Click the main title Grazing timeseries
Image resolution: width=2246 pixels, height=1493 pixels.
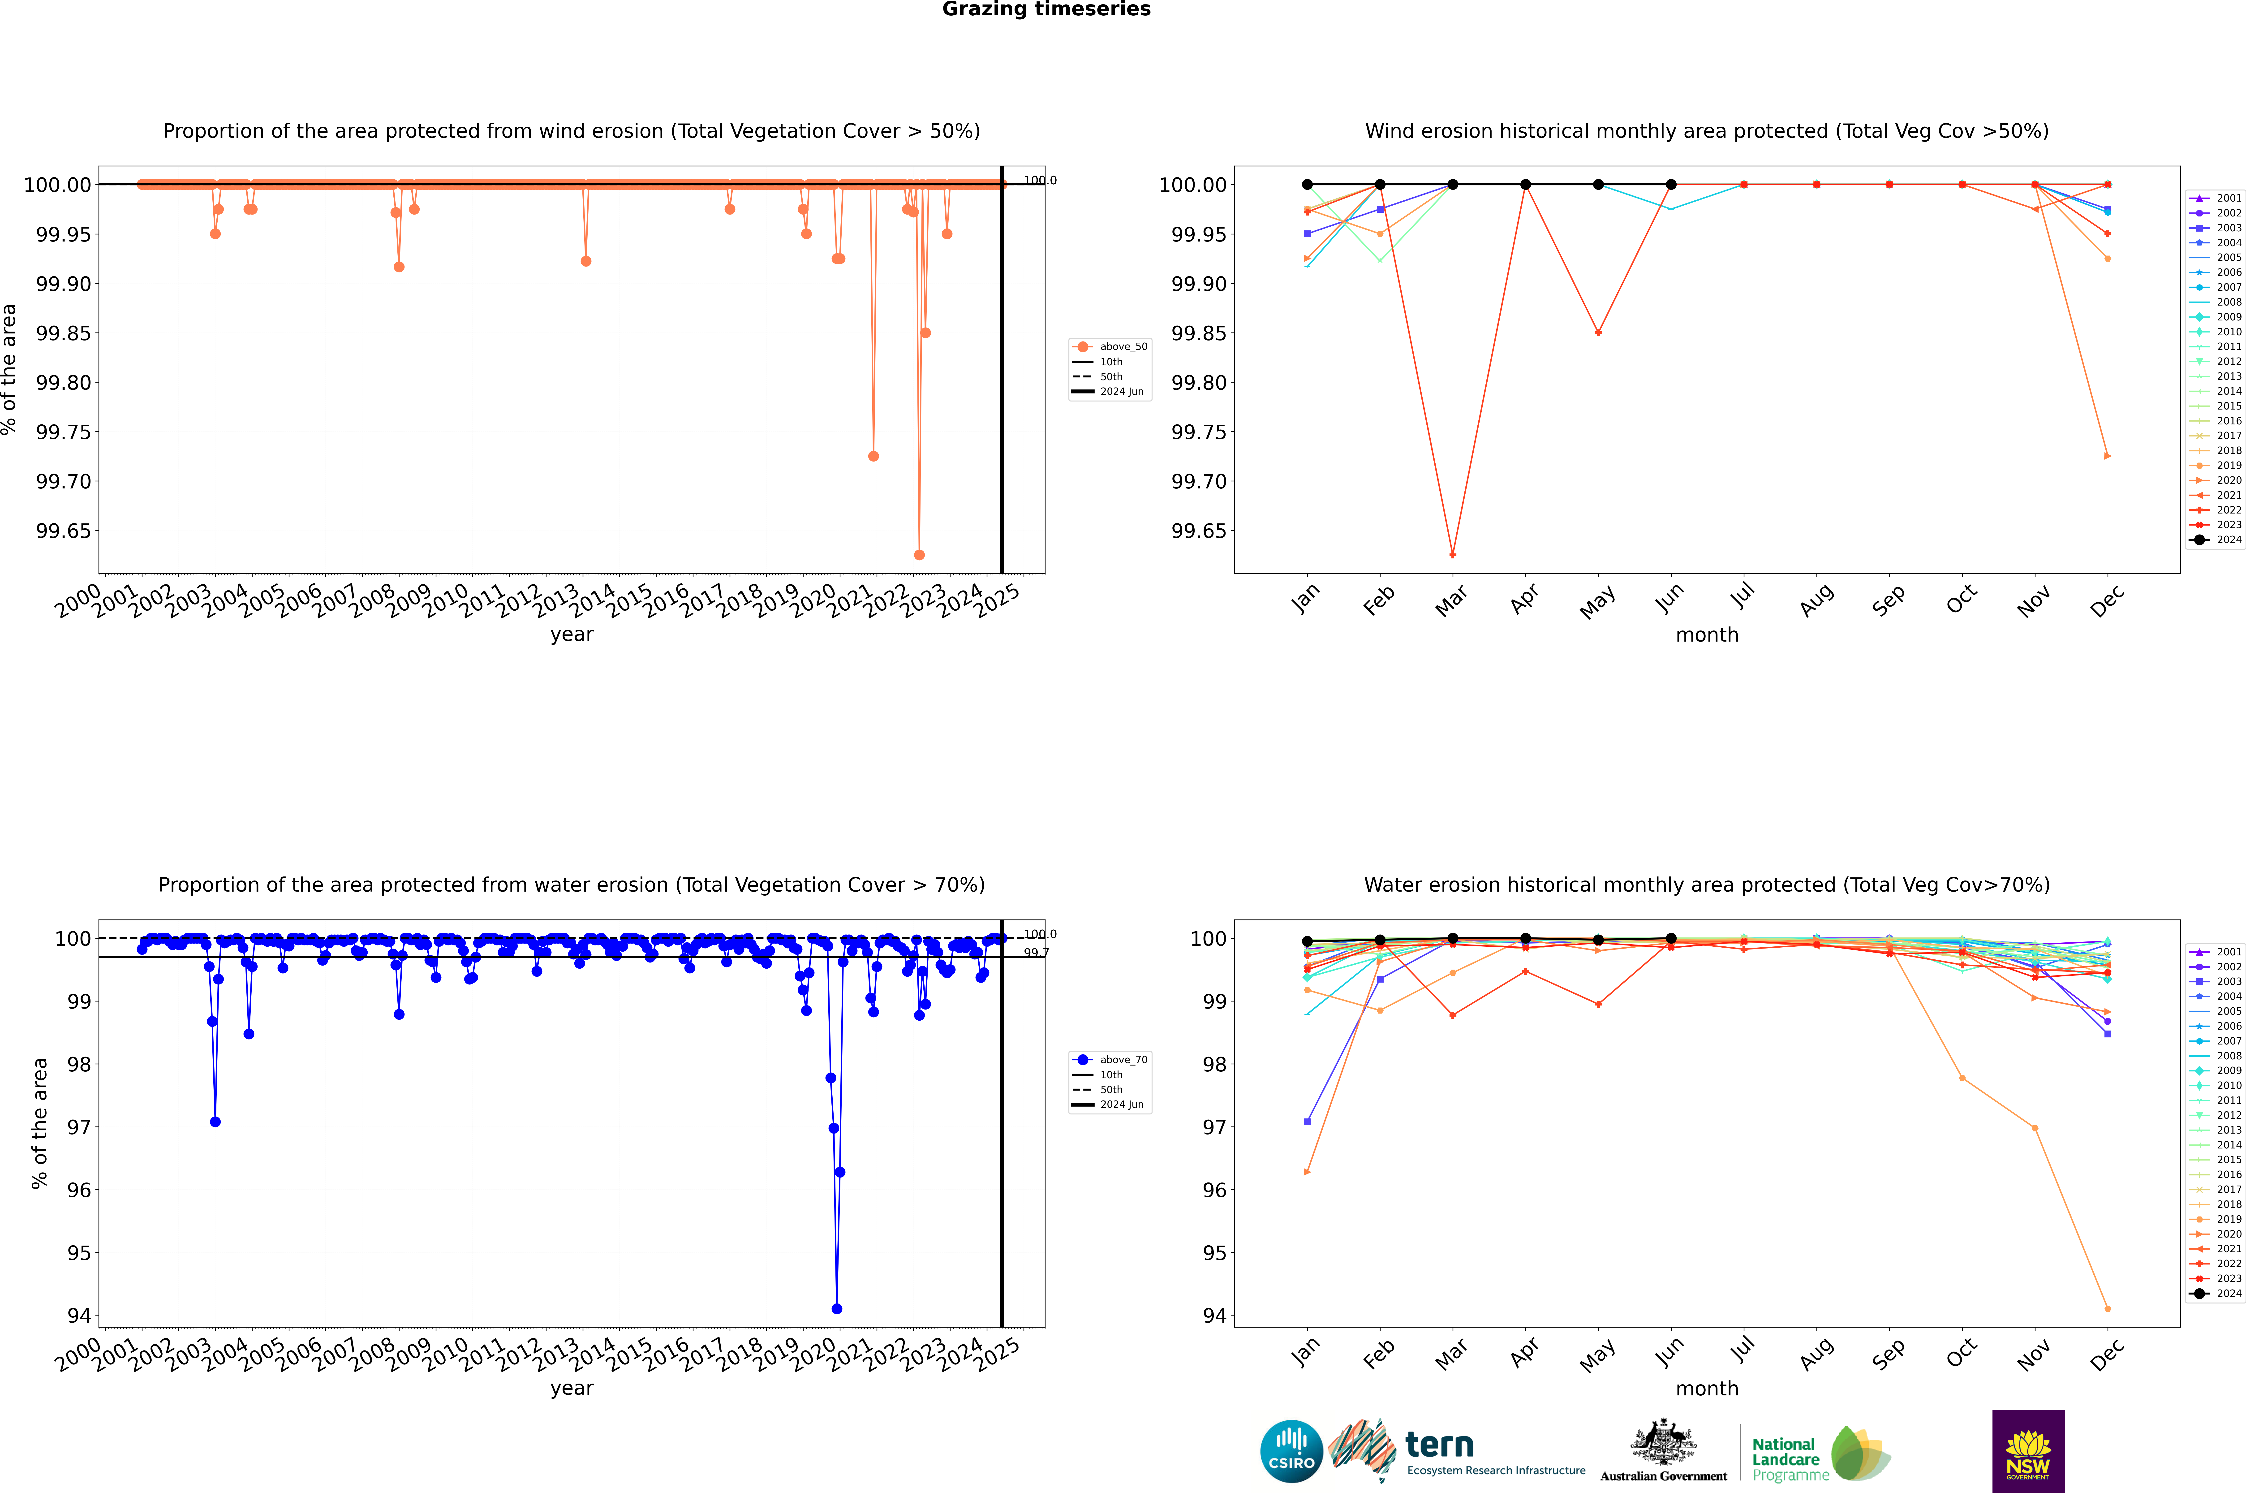click(x=1046, y=9)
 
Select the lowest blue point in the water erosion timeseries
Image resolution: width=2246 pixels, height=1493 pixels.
click(x=837, y=1308)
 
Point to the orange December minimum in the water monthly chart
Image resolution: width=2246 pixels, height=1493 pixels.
click(x=2107, y=1308)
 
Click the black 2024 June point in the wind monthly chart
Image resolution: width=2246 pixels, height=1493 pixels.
click(x=1671, y=185)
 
